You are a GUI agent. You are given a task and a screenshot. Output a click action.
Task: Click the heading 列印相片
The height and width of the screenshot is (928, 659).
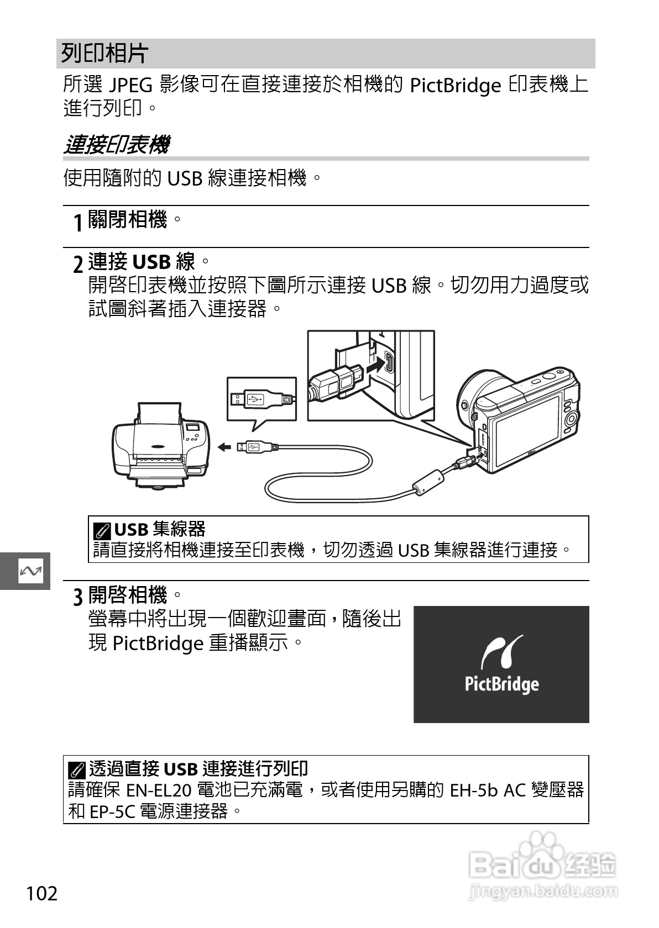104,54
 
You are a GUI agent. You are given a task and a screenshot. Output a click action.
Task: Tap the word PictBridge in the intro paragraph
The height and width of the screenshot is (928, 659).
455,86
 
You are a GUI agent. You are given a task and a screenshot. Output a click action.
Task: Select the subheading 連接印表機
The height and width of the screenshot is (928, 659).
116,145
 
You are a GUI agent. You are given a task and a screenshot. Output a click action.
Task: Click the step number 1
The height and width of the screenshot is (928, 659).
79,222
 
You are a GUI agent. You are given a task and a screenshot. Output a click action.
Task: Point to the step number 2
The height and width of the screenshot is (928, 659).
79,263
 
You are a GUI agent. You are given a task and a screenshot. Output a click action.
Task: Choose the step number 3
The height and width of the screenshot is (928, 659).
79,597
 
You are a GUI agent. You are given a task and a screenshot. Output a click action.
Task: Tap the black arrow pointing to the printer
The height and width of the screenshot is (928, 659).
223,447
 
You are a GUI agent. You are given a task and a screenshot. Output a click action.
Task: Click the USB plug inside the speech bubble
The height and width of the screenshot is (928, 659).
260,399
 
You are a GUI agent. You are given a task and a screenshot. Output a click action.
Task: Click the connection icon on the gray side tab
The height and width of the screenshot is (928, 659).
30,571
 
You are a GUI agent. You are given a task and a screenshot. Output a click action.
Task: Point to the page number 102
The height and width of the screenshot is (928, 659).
42,893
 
